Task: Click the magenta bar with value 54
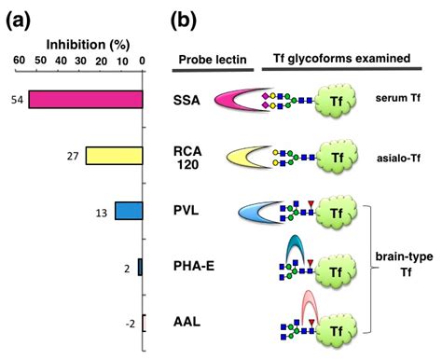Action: pyautogui.click(x=86, y=99)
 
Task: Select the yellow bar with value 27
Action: pyautogui.click(x=114, y=155)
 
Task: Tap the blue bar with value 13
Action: pyautogui.click(x=129, y=211)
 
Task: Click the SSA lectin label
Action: pyautogui.click(x=186, y=99)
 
